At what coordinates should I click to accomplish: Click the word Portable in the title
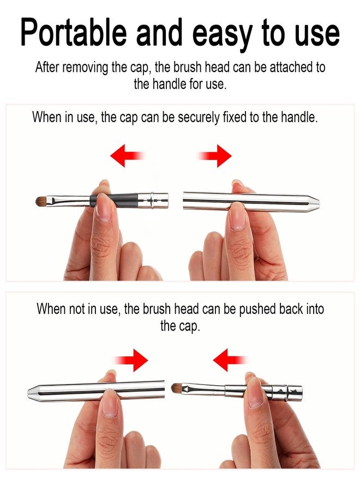tap(73, 32)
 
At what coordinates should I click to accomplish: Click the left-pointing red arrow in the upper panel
tap(127, 155)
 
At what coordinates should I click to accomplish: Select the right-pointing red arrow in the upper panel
tap(214, 155)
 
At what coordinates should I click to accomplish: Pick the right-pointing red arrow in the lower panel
tap(130, 360)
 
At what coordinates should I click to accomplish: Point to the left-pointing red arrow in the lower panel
tap(230, 360)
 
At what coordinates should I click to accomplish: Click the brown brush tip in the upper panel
tap(41, 201)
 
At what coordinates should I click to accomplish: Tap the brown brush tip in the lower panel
tap(176, 388)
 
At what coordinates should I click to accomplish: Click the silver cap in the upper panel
tap(251, 202)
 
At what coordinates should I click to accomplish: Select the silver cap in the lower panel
tap(96, 390)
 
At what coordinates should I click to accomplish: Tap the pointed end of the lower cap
tap(28, 391)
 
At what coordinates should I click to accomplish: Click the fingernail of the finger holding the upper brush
tap(103, 208)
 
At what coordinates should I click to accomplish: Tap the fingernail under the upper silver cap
tap(237, 217)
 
